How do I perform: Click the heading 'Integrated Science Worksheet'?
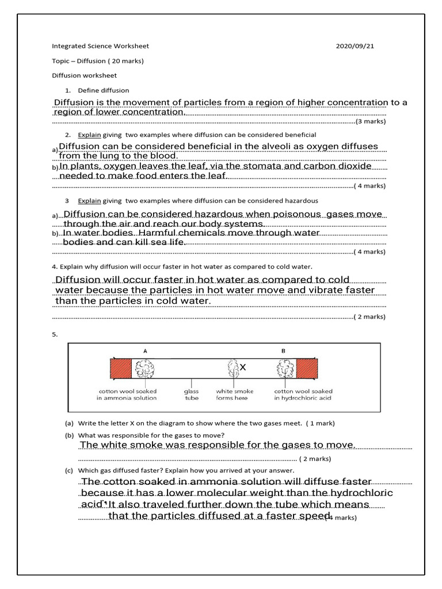100,46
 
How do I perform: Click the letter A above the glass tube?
144,350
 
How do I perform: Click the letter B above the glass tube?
283,350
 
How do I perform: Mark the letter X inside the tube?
243,367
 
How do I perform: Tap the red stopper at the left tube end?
121,368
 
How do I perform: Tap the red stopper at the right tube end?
307,368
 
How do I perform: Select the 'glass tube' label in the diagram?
191,394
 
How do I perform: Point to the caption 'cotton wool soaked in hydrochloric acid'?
303,394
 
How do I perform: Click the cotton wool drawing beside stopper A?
144,368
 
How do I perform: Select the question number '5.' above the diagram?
55,334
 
